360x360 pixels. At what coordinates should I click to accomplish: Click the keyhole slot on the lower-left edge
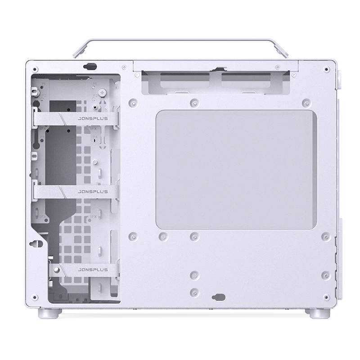click(34, 243)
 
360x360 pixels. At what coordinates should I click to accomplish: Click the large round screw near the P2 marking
click(103, 92)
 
